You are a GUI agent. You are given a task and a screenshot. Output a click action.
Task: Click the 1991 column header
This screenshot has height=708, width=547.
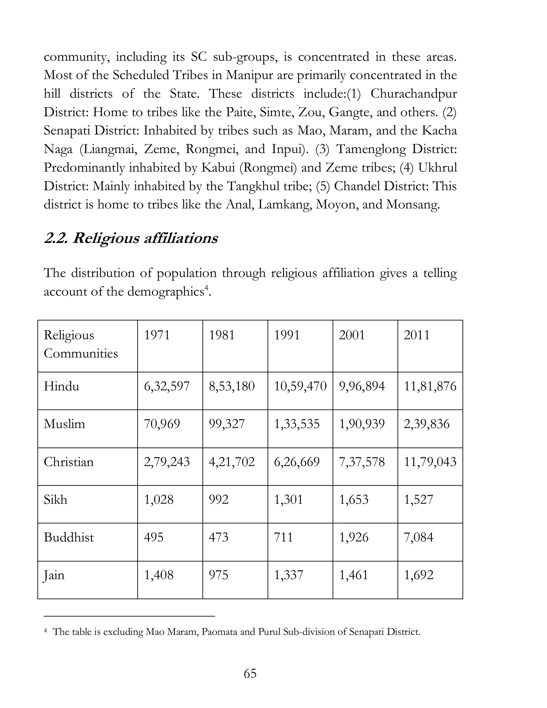[287, 335]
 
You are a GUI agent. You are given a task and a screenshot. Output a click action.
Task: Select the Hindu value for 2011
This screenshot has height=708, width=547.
[430, 386]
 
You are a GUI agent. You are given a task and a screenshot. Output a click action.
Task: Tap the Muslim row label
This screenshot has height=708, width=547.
[64, 424]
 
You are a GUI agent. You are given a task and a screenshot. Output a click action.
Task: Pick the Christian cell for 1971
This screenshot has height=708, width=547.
[167, 462]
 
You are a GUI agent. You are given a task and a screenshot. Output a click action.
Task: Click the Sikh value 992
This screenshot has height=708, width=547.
[219, 499]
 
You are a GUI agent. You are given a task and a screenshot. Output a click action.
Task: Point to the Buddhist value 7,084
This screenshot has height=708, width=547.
[418, 537]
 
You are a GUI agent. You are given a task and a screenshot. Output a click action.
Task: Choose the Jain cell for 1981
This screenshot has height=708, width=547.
[218, 575]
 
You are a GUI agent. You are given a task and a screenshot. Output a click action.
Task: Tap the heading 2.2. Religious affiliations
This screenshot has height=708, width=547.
[131, 238]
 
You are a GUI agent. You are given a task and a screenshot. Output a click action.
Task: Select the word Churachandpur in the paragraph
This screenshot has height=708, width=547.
[413, 94]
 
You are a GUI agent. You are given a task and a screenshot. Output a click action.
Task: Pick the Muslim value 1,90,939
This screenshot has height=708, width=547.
[362, 424]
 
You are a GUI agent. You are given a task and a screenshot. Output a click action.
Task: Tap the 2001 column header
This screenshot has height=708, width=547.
[351, 335]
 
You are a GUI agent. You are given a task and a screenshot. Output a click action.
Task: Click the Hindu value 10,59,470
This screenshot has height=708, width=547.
[300, 386]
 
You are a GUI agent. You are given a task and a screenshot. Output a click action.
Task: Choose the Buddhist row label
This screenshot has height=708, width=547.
[69, 537]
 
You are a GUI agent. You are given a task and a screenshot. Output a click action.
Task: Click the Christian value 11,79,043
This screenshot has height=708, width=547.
[430, 462]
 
